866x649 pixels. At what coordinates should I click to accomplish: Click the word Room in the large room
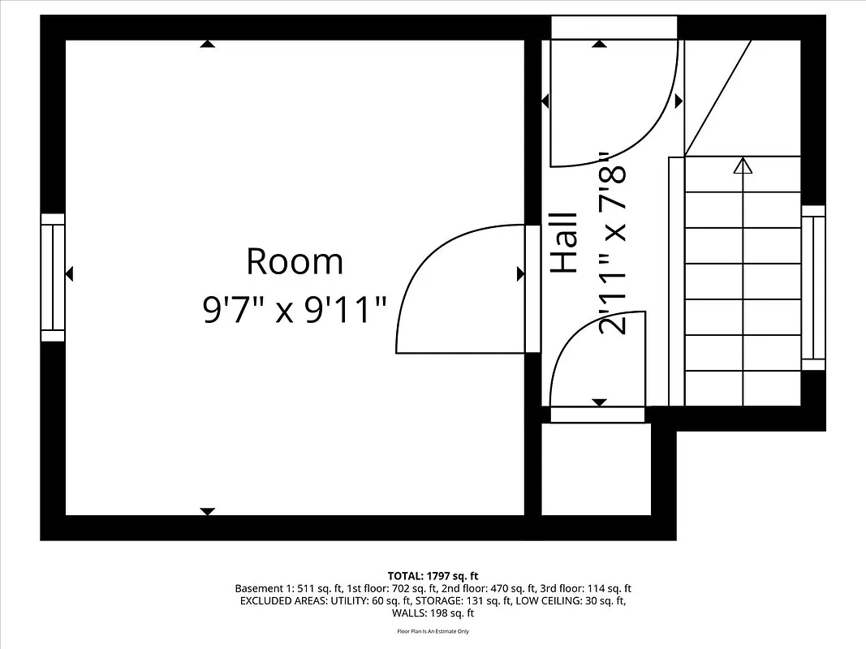[295, 262]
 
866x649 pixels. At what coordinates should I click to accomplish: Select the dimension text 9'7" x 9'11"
[295, 310]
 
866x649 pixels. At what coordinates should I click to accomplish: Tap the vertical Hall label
[565, 243]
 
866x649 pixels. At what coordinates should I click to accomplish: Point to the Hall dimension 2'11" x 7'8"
[614, 244]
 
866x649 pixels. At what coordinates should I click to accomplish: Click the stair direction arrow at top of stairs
[742, 166]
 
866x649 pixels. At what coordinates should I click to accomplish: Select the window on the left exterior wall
[53, 277]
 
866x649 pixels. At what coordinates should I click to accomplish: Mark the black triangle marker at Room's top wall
[208, 44]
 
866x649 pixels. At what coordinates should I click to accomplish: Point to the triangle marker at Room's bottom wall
[208, 511]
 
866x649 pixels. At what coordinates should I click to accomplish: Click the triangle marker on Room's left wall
[69, 274]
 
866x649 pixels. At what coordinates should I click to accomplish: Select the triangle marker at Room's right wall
[520, 274]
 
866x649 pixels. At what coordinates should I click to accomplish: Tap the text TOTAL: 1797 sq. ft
[433, 576]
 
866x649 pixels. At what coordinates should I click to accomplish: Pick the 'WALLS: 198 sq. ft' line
[433, 613]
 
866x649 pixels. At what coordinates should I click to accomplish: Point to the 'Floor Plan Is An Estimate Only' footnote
[433, 631]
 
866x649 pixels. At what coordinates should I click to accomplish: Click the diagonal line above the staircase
[718, 97]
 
